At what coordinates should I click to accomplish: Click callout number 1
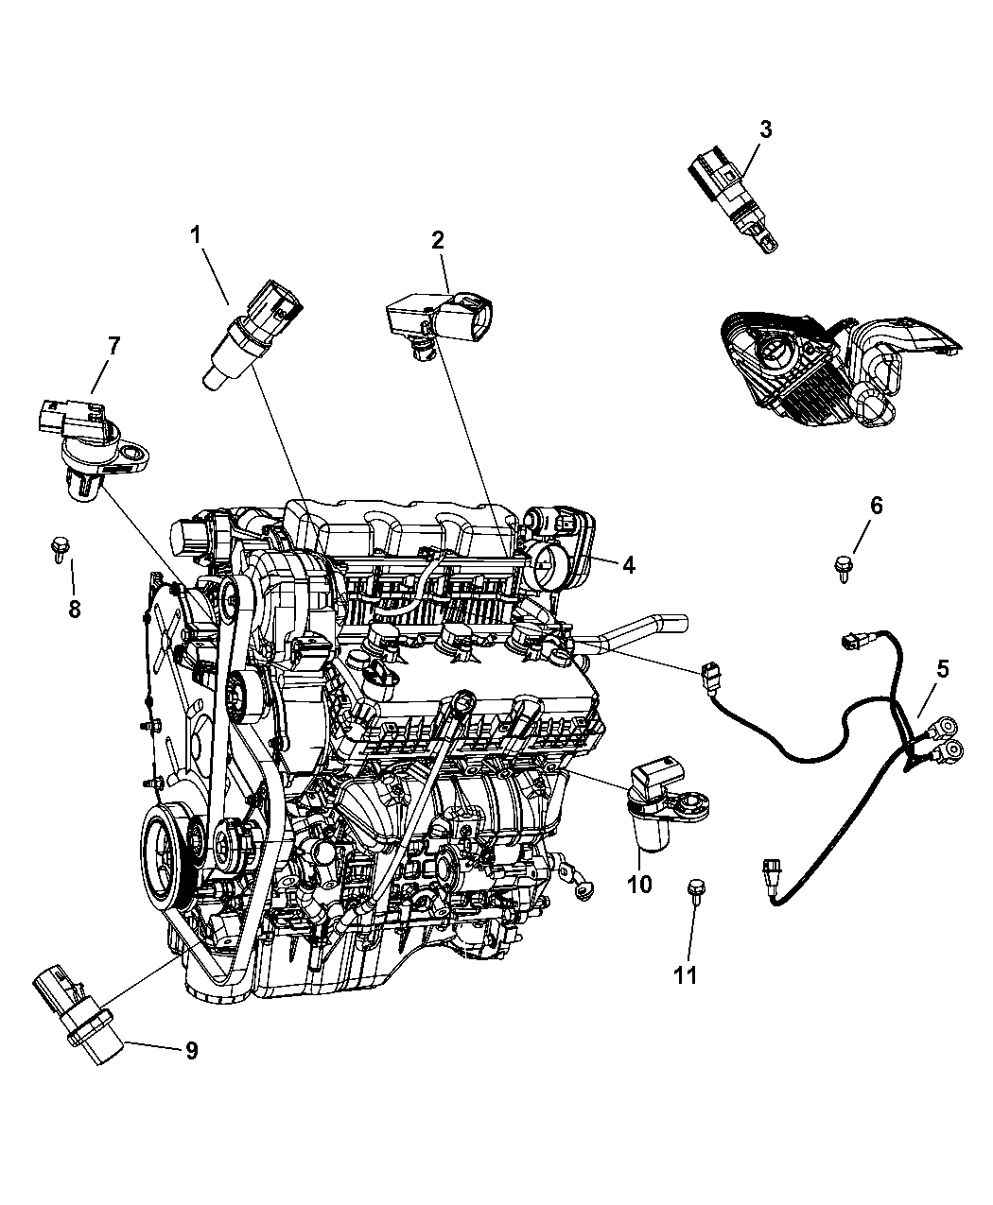[x=196, y=235]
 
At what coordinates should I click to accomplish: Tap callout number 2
[x=437, y=240]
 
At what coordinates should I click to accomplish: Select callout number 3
[x=765, y=129]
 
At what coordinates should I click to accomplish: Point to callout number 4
[x=629, y=565]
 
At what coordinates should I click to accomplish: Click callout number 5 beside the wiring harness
[x=942, y=669]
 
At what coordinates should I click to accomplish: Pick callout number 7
[x=113, y=346]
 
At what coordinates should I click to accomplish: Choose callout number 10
[x=639, y=901]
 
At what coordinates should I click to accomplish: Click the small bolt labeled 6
[x=844, y=567]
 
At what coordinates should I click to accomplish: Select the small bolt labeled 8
[x=58, y=549]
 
